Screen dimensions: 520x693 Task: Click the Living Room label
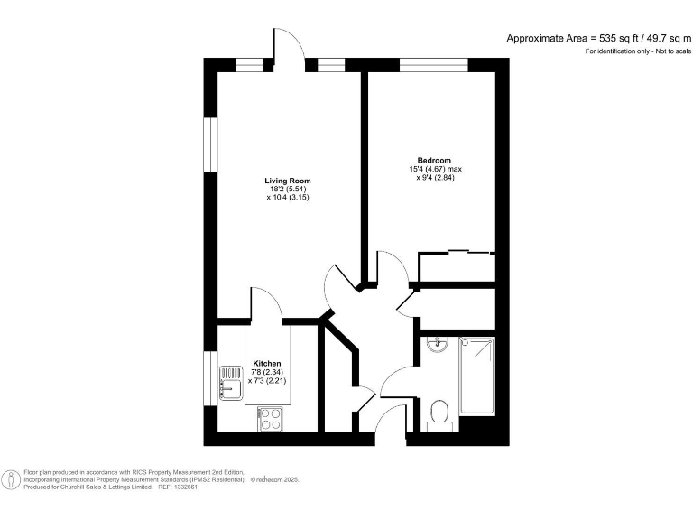coord(288,180)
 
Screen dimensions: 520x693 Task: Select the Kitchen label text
coord(266,363)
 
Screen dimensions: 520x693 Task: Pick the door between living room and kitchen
coord(265,307)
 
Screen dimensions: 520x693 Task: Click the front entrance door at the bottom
coord(389,422)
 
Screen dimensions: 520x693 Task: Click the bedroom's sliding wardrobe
coord(457,265)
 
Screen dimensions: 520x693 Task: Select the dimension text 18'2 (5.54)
coord(288,188)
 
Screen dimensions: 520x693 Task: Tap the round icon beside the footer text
coord(10,479)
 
